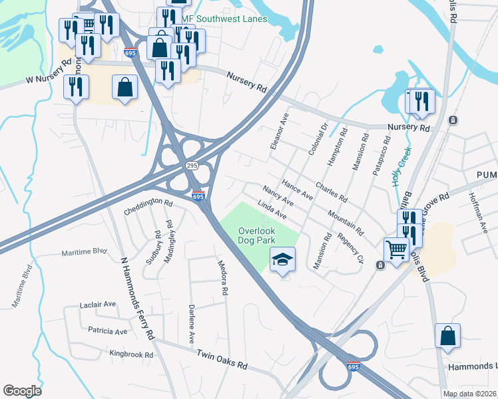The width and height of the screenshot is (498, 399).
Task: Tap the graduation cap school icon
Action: click(282, 259)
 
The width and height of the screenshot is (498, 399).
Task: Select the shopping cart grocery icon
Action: click(397, 250)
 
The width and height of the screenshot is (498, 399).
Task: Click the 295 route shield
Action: click(192, 165)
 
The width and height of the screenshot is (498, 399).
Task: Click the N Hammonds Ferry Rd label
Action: click(137, 299)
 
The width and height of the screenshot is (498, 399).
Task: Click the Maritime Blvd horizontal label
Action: click(84, 252)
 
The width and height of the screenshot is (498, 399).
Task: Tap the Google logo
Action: click(22, 391)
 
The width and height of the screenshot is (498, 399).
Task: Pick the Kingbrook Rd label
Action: click(131, 354)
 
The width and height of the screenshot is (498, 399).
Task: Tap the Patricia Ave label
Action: click(107, 331)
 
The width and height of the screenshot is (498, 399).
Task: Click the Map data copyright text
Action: click(470, 394)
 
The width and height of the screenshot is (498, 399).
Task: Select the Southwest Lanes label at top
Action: click(230, 19)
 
